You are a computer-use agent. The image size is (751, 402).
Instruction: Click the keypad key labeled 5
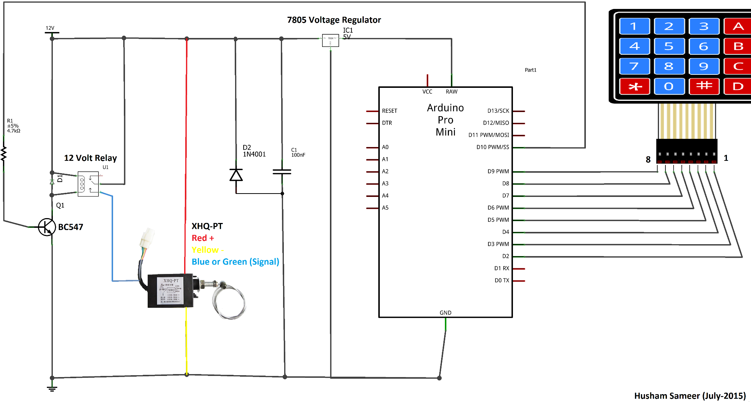(x=669, y=47)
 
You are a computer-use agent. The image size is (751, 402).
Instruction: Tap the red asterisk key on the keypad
(x=635, y=86)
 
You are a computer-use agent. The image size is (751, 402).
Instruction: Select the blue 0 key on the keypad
(x=669, y=86)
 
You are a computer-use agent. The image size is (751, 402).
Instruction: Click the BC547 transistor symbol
(x=47, y=227)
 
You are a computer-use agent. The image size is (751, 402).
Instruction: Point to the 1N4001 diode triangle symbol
(x=236, y=175)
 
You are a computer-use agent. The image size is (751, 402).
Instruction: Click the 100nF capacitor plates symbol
(x=282, y=172)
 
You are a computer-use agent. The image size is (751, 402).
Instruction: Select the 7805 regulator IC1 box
(x=330, y=40)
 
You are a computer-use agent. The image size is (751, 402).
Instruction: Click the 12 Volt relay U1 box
(x=88, y=184)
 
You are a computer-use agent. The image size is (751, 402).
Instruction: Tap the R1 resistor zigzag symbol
(x=4, y=154)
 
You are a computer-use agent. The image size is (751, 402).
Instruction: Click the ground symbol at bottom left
(x=52, y=389)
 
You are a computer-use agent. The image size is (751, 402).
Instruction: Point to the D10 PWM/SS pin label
(x=492, y=147)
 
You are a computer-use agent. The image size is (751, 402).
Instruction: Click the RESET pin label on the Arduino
(x=389, y=111)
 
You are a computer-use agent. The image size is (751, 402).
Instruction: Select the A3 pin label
(x=385, y=184)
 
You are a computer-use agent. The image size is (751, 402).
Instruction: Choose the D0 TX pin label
(x=501, y=280)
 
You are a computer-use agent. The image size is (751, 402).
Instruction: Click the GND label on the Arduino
(x=445, y=313)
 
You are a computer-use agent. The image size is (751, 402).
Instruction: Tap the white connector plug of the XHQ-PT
(x=147, y=237)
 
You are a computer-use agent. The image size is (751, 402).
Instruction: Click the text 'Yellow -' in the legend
(x=207, y=250)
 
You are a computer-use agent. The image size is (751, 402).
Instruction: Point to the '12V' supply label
(x=50, y=28)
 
